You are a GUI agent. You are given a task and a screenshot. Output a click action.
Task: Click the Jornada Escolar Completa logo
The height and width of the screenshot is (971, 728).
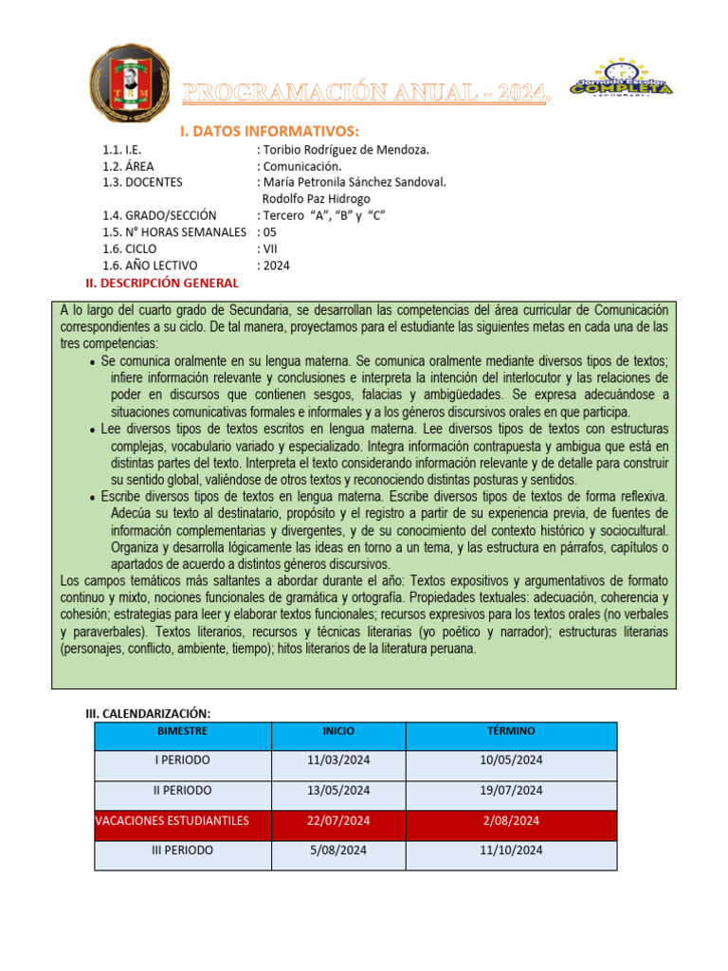click(621, 80)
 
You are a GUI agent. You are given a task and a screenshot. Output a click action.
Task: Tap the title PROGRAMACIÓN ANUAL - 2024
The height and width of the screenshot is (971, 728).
click(366, 93)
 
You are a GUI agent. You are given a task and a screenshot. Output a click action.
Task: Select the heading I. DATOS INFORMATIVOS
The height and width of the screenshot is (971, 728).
click(268, 130)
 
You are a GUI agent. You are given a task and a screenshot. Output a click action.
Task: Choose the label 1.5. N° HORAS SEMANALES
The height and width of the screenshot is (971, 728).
click(174, 231)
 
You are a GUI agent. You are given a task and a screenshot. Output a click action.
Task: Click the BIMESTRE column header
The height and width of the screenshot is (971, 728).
click(182, 731)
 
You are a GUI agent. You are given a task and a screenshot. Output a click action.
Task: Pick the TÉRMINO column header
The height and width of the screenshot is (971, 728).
click(511, 731)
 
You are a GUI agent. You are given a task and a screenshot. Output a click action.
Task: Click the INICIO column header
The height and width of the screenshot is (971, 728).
click(338, 731)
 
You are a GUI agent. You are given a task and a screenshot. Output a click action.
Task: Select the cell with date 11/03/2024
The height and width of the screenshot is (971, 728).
click(338, 760)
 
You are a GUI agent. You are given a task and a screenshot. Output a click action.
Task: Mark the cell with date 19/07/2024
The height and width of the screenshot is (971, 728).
click(511, 790)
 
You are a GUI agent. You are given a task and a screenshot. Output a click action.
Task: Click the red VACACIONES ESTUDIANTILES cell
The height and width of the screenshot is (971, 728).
click(182, 820)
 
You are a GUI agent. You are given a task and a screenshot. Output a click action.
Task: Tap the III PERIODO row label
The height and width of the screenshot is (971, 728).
click(182, 851)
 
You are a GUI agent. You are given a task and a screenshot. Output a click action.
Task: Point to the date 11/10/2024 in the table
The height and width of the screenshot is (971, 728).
click(511, 851)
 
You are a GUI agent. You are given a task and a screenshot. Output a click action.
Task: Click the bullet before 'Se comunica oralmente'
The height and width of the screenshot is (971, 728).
click(91, 363)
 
